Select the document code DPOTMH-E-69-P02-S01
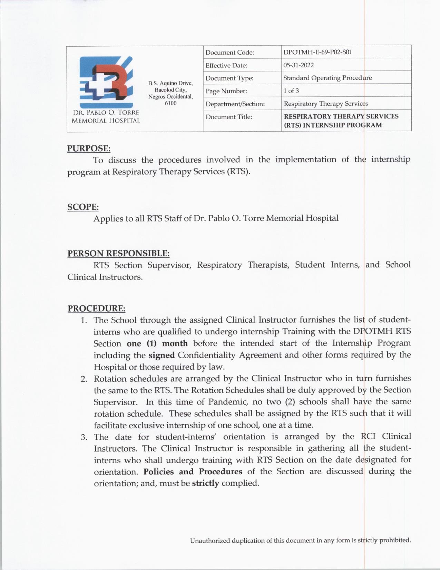(317, 52)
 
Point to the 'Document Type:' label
(229, 78)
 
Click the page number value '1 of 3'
(291, 91)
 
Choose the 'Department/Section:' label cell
(235, 104)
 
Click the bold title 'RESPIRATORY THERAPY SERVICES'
(341, 116)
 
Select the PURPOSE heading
(89, 148)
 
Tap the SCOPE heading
(83, 207)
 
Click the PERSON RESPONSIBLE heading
(118, 253)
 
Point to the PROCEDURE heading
(96, 308)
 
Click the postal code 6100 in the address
(170, 103)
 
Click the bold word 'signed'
(162, 355)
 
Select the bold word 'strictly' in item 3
(205, 483)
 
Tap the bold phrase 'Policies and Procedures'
(193, 472)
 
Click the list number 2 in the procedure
(84, 379)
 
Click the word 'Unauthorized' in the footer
(209, 541)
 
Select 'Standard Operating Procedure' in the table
(327, 78)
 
